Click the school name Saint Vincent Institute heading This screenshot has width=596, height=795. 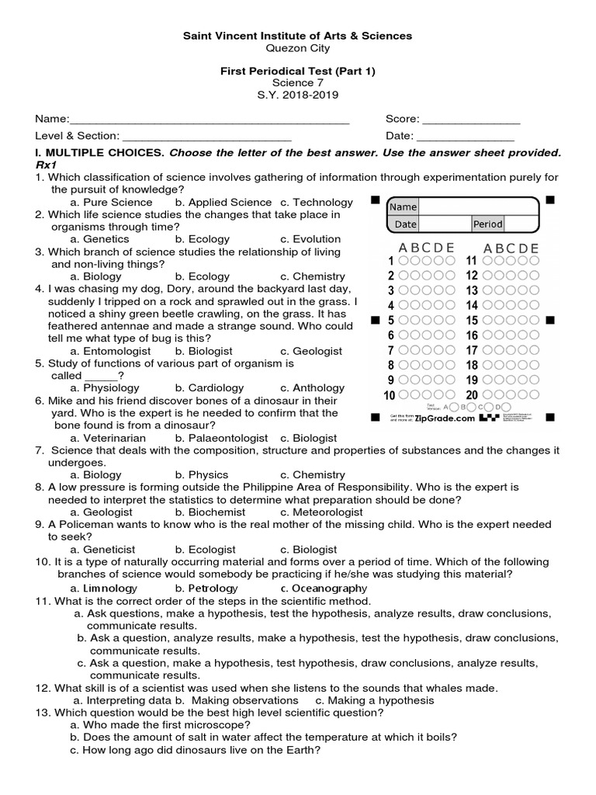[x=297, y=36]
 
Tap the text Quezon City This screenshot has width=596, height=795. [x=297, y=48]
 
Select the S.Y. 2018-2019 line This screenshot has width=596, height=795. [x=297, y=95]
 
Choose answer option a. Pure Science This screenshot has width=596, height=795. [x=111, y=202]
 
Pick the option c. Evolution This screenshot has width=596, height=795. [x=310, y=239]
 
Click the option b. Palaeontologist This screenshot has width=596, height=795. [x=221, y=438]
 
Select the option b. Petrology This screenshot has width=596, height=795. [x=206, y=588]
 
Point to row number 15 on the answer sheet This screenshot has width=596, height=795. [x=472, y=321]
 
